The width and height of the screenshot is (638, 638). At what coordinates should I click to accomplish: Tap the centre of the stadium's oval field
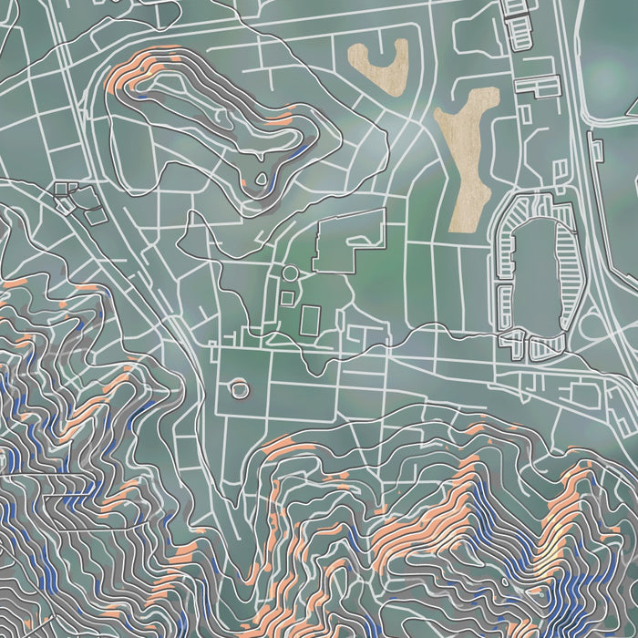538,278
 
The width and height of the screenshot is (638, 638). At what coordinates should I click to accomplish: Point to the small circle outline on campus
291,273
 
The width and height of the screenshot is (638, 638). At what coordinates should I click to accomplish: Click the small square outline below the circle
287,297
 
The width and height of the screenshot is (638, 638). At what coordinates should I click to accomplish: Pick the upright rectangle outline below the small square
310,320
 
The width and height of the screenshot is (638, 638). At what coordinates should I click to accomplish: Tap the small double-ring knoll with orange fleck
240,389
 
